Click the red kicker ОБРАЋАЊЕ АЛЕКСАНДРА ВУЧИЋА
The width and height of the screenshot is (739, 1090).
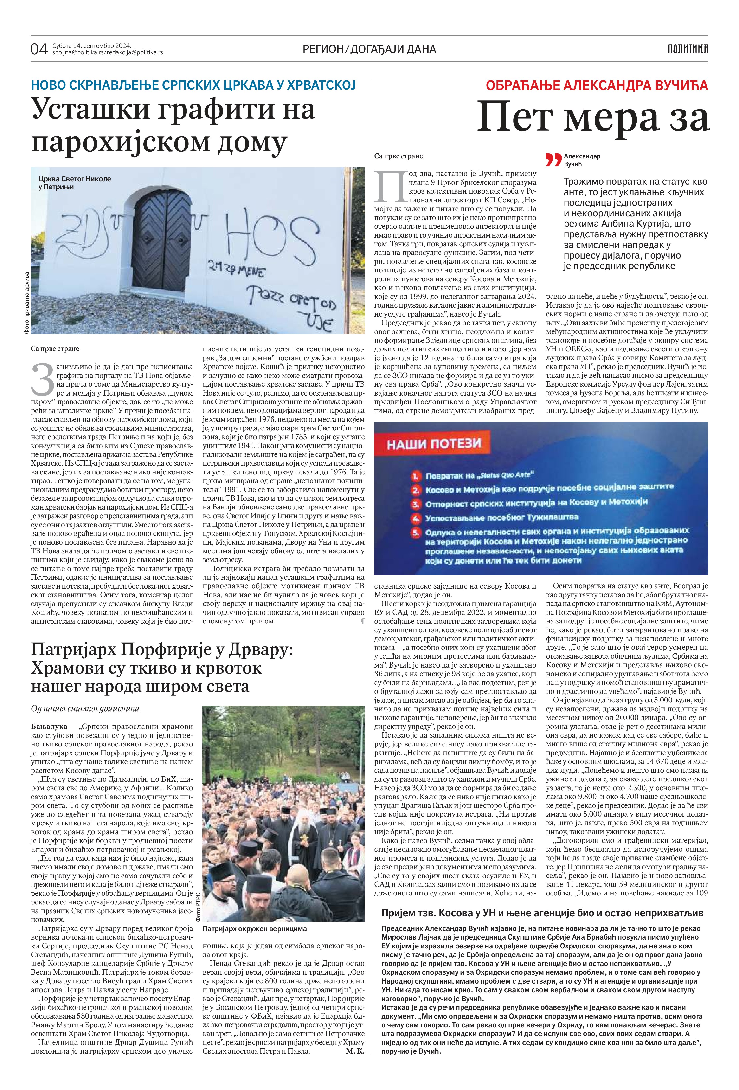(x=597, y=85)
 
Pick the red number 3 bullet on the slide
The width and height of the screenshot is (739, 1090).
(x=415, y=504)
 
